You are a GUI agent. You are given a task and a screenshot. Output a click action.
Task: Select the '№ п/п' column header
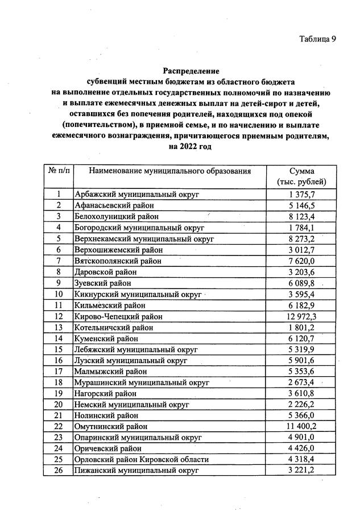(x=58, y=171)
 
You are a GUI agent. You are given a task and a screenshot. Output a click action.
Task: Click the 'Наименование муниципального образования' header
(x=169, y=171)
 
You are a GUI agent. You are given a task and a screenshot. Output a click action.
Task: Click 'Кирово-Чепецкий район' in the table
(x=119, y=316)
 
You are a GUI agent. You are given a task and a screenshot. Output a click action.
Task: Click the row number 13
(x=58, y=327)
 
